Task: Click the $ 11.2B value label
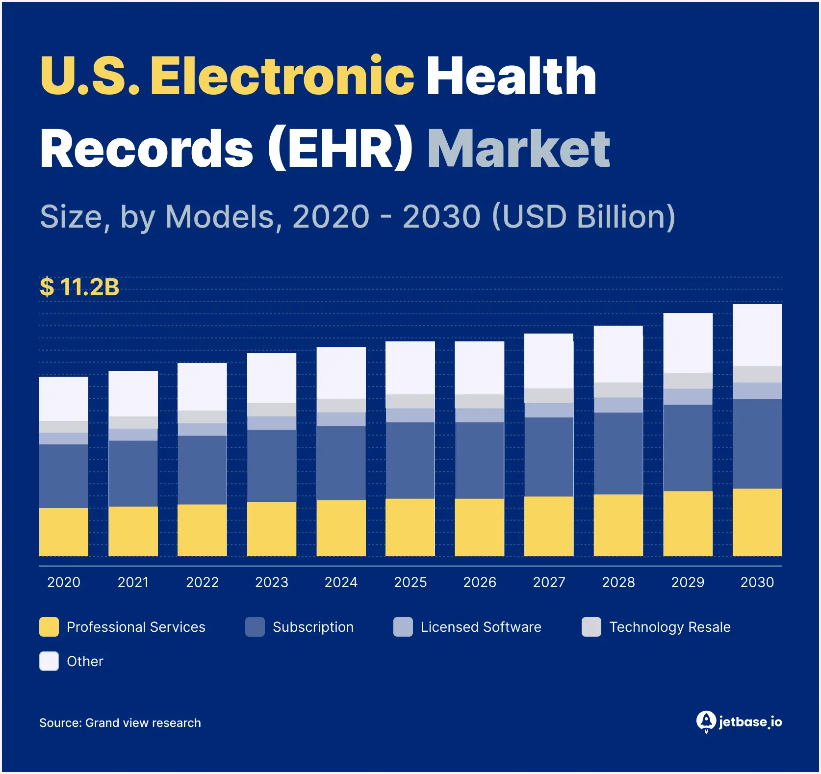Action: [x=79, y=287]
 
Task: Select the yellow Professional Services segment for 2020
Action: [x=64, y=532]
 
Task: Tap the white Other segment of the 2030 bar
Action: [x=757, y=335]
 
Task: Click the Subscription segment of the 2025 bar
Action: [x=410, y=460]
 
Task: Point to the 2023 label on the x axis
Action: [x=272, y=582]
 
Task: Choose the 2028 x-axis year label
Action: [x=618, y=582]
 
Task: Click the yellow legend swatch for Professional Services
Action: [x=49, y=627]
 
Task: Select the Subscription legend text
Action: [x=313, y=627]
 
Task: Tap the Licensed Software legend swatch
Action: [x=403, y=627]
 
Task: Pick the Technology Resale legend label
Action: [x=669, y=627]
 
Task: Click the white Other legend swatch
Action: [x=49, y=661]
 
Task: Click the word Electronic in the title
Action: [x=282, y=76]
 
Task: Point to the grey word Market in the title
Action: [x=518, y=149]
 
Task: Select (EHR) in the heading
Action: [x=340, y=149]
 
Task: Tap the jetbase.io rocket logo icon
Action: [x=706, y=721]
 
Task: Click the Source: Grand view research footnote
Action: [x=120, y=722]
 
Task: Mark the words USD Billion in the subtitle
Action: [x=584, y=217]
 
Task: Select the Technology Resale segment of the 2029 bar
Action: [x=688, y=381]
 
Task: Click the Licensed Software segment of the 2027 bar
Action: [x=548, y=410]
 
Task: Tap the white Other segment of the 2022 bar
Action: [x=202, y=387]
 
